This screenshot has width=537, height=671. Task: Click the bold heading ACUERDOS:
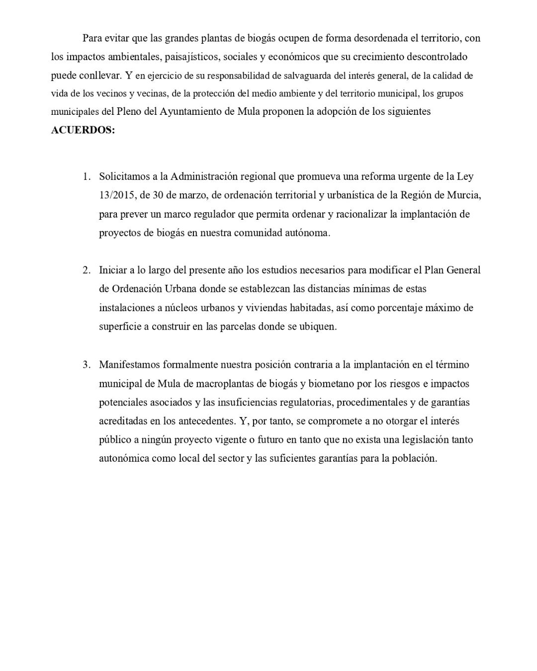[x=83, y=130]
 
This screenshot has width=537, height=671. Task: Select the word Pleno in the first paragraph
[x=129, y=111]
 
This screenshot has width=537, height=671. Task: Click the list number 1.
[x=87, y=176]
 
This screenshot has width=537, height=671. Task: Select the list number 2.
[x=87, y=270]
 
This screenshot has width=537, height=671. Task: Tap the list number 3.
[x=87, y=365]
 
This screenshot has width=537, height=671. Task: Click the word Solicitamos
[x=124, y=176]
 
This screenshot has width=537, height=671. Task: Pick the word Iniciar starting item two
[x=113, y=270]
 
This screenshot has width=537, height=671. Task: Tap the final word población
[x=414, y=459]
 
